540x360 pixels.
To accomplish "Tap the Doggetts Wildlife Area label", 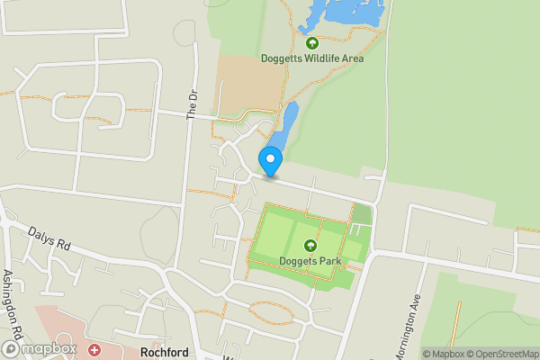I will click(312, 58).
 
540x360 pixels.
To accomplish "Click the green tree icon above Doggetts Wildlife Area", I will click(312, 42).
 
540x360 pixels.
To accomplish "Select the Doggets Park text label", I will click(310, 262).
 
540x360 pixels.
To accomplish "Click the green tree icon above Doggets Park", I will click(310, 246).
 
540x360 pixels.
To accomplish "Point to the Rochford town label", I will click(164, 353).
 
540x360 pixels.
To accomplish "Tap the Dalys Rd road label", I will click(49, 238).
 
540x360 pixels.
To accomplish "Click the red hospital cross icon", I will click(94, 348).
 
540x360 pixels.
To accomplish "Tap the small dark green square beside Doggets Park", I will click(361, 213).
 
